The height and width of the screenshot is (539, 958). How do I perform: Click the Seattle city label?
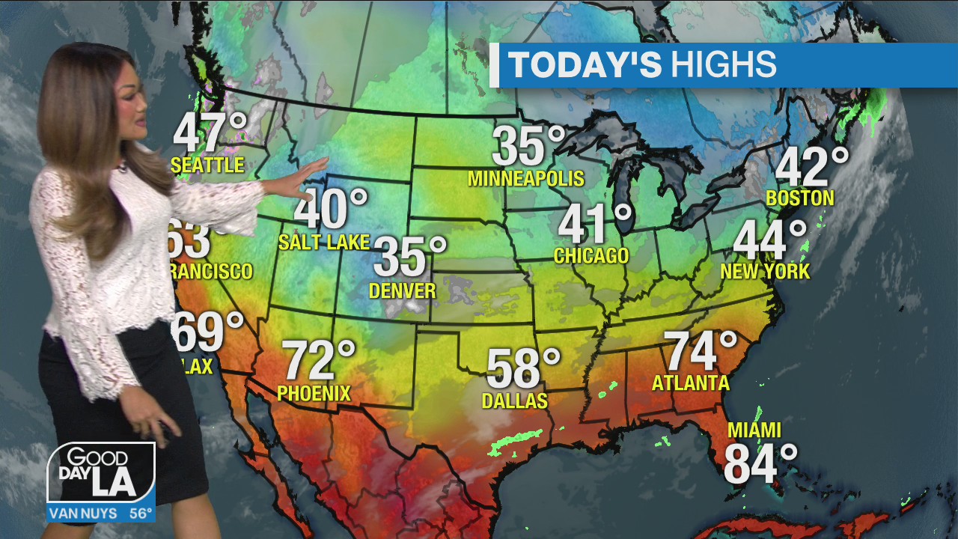[208, 165]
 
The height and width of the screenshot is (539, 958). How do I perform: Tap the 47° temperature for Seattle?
[210, 133]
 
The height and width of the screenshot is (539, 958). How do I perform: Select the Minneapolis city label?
[525, 178]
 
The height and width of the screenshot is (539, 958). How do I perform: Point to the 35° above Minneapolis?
[528, 145]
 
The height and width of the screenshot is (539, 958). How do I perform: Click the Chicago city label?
[591, 255]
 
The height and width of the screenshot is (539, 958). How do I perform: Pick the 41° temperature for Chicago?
[595, 223]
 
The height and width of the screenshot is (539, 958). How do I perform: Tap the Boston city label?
[799, 198]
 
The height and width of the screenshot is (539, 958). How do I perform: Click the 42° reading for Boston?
[812, 167]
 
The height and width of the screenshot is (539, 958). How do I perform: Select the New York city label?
[765, 271]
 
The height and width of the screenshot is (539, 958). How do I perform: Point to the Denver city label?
[403, 290]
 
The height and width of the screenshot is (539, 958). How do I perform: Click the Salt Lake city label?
[324, 242]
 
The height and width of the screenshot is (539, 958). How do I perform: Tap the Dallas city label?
[515, 401]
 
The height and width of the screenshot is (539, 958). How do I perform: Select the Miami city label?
[754, 430]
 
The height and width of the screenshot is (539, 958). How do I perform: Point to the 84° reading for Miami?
[760, 463]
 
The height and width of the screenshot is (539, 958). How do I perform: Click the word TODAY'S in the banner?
[585, 65]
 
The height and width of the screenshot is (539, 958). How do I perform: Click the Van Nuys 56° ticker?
[101, 514]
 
